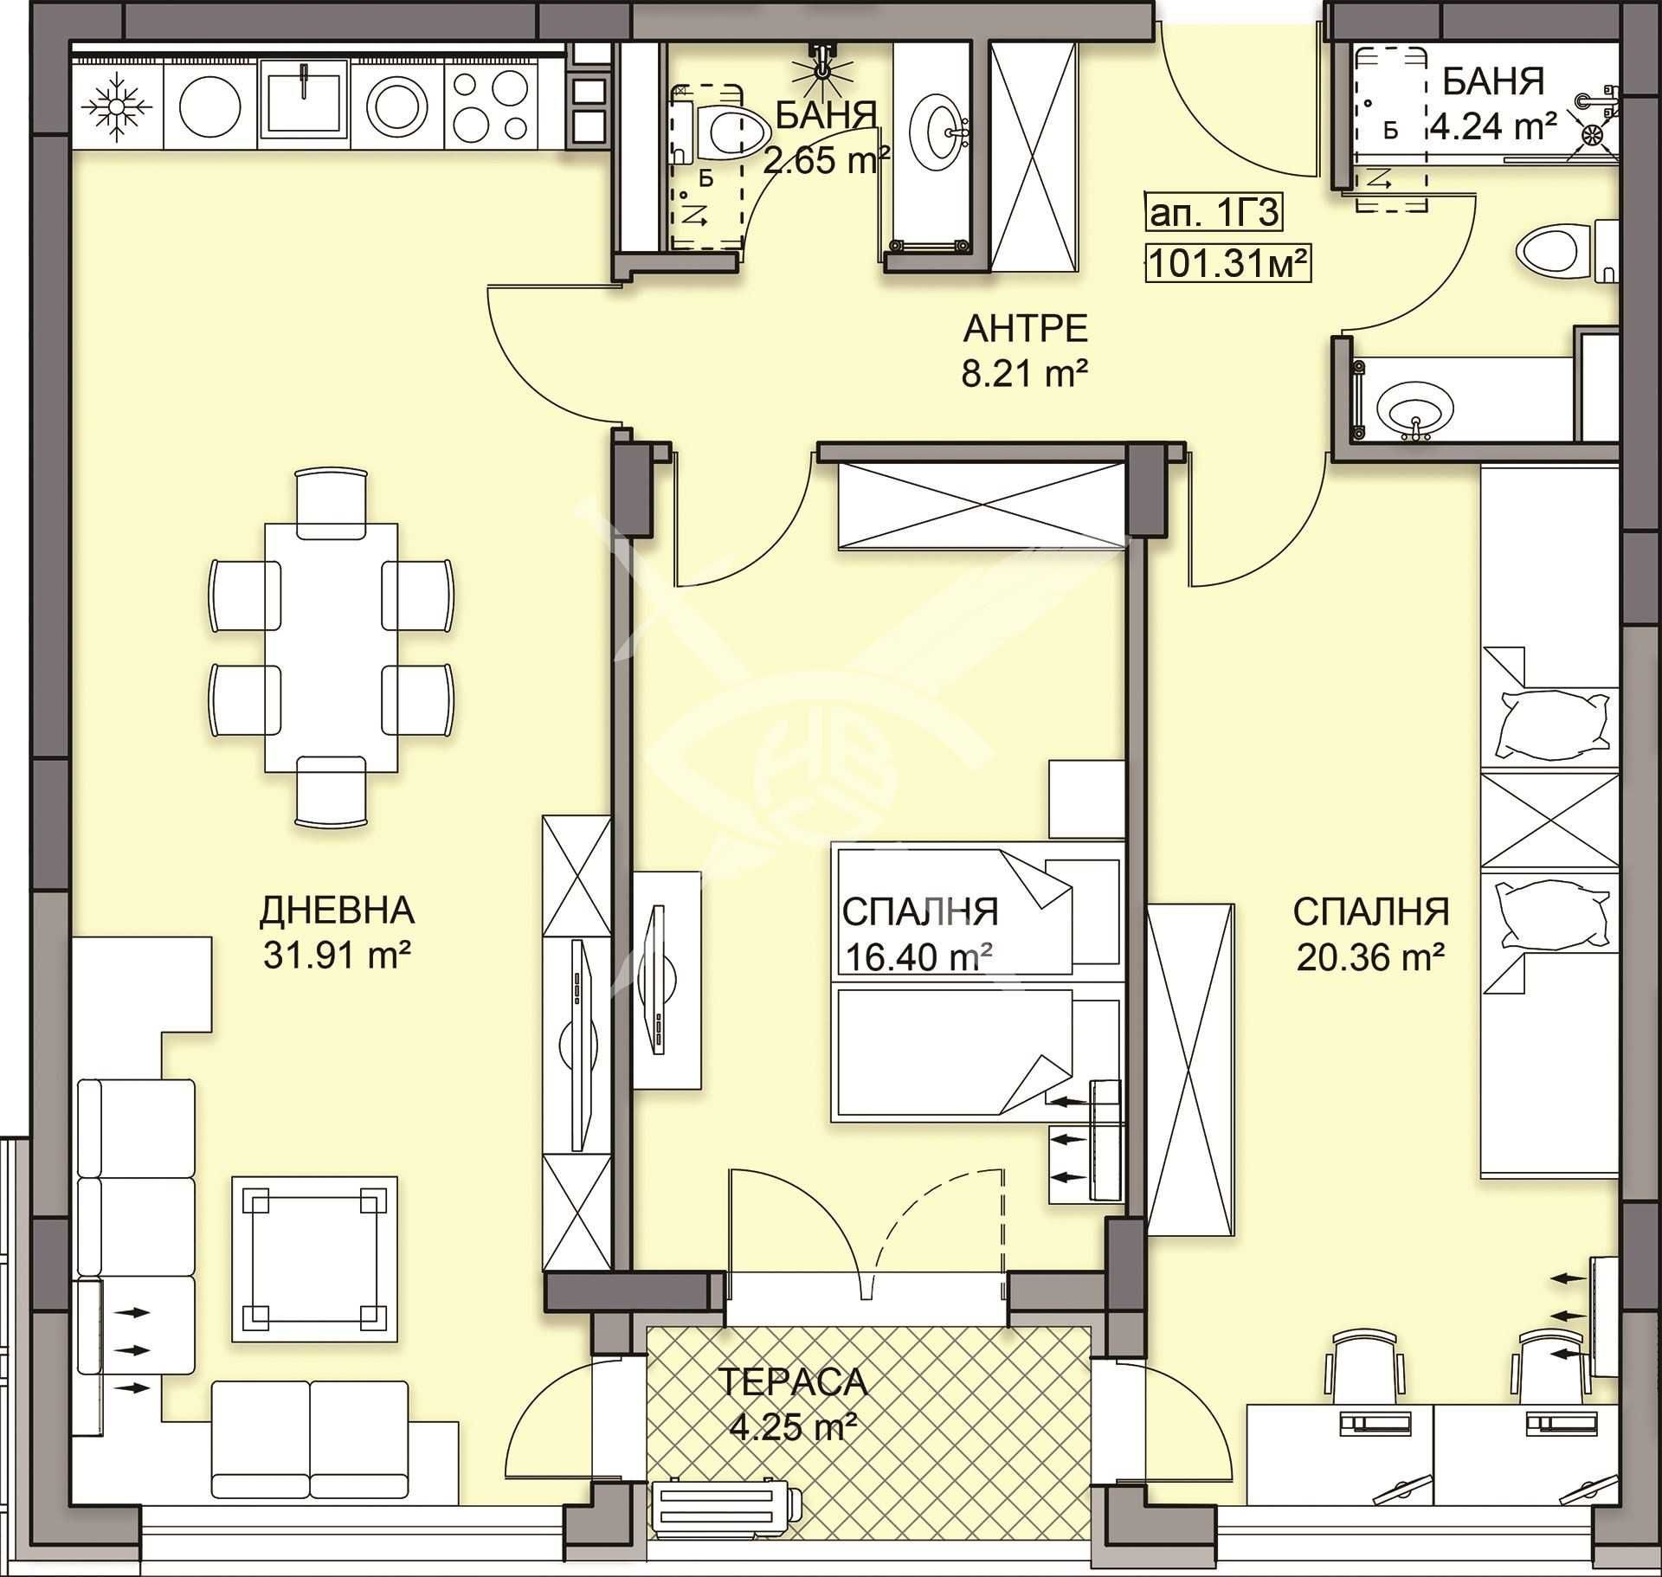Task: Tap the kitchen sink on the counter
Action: tap(305, 100)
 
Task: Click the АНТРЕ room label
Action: tap(1025, 330)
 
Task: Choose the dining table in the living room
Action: tap(332, 647)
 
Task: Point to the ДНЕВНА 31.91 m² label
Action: tap(337, 932)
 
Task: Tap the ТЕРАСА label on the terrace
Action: tap(793, 1382)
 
